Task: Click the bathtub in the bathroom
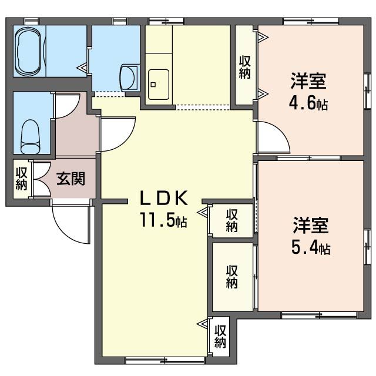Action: [28, 51]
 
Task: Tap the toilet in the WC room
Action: [31, 137]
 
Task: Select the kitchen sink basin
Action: [159, 85]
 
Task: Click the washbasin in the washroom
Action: [129, 78]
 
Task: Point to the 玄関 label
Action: [71, 179]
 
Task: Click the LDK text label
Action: [163, 199]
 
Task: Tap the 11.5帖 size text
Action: [164, 220]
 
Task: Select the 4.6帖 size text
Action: [308, 103]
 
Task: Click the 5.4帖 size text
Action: [311, 247]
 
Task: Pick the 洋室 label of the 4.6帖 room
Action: [308, 81]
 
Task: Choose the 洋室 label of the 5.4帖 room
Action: [311, 225]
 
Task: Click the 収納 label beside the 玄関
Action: [22, 179]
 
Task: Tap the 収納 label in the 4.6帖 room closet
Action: [244, 67]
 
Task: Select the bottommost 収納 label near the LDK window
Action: [220, 337]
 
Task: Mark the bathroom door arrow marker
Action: [82, 68]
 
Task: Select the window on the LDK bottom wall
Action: [165, 360]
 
